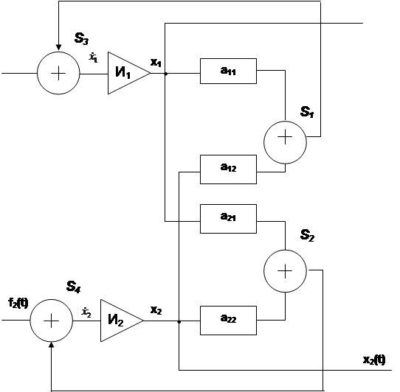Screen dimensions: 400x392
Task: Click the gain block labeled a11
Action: [228, 71]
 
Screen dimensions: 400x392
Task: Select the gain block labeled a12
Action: [228, 169]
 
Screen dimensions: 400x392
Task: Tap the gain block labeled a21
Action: [228, 219]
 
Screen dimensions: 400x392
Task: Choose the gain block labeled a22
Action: [228, 321]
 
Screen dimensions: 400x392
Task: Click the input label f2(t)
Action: [18, 303]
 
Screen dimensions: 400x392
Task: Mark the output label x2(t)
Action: [374, 360]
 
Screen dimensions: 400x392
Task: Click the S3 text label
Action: [81, 39]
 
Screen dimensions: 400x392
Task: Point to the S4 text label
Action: [74, 287]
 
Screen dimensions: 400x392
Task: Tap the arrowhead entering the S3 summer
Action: [58, 47]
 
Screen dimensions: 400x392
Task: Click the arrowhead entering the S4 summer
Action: [51, 345]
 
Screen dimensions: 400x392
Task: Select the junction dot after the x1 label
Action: [166, 74]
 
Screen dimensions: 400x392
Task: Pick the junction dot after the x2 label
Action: [179, 322]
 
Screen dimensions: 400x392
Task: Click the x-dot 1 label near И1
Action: [94, 57]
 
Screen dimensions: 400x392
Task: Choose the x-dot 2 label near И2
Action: [86, 312]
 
